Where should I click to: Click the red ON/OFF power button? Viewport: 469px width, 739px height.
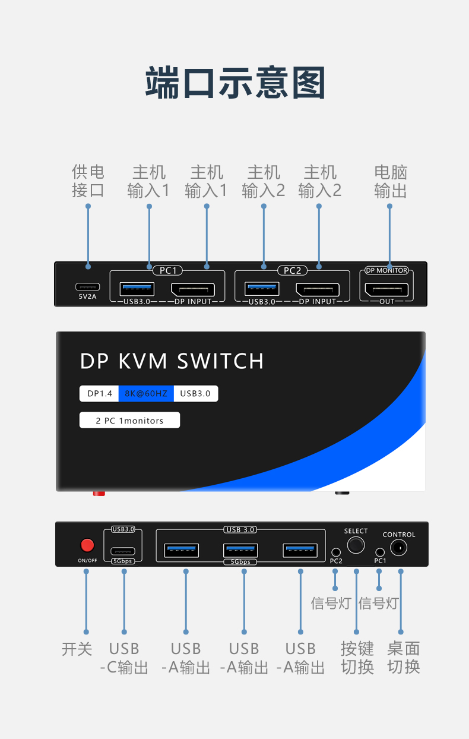click(87, 545)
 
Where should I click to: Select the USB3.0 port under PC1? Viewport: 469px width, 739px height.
click(137, 289)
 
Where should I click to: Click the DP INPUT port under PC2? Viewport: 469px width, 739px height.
click(318, 290)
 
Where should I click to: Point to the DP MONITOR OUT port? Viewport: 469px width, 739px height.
click(386, 290)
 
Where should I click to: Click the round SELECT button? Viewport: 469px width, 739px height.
click(356, 545)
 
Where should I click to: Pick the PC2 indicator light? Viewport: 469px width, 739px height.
click(335, 552)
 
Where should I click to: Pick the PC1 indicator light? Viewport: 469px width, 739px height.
click(380, 552)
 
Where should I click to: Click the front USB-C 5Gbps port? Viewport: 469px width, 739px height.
click(123, 551)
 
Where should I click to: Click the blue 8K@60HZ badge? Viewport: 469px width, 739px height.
click(146, 393)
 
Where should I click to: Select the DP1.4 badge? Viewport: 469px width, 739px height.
click(100, 393)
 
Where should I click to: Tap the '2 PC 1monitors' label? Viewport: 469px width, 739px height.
click(129, 421)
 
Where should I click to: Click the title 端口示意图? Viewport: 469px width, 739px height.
click(235, 83)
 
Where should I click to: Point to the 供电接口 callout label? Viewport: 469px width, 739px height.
click(88, 181)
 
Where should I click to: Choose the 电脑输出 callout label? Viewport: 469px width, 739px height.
click(390, 181)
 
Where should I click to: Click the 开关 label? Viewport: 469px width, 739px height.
click(77, 649)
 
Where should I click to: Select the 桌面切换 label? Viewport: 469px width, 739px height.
click(404, 658)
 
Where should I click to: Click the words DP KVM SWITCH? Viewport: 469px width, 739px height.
click(172, 361)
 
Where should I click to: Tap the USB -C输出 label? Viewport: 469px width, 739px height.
click(123, 658)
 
